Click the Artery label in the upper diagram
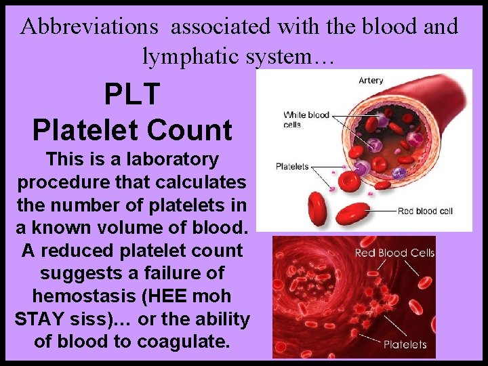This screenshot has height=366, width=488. (370, 81)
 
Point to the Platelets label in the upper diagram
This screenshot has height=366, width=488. (292, 167)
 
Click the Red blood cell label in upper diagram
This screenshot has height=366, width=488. (424, 211)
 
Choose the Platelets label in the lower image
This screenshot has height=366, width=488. (405, 344)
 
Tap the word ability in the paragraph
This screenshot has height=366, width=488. (222, 319)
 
